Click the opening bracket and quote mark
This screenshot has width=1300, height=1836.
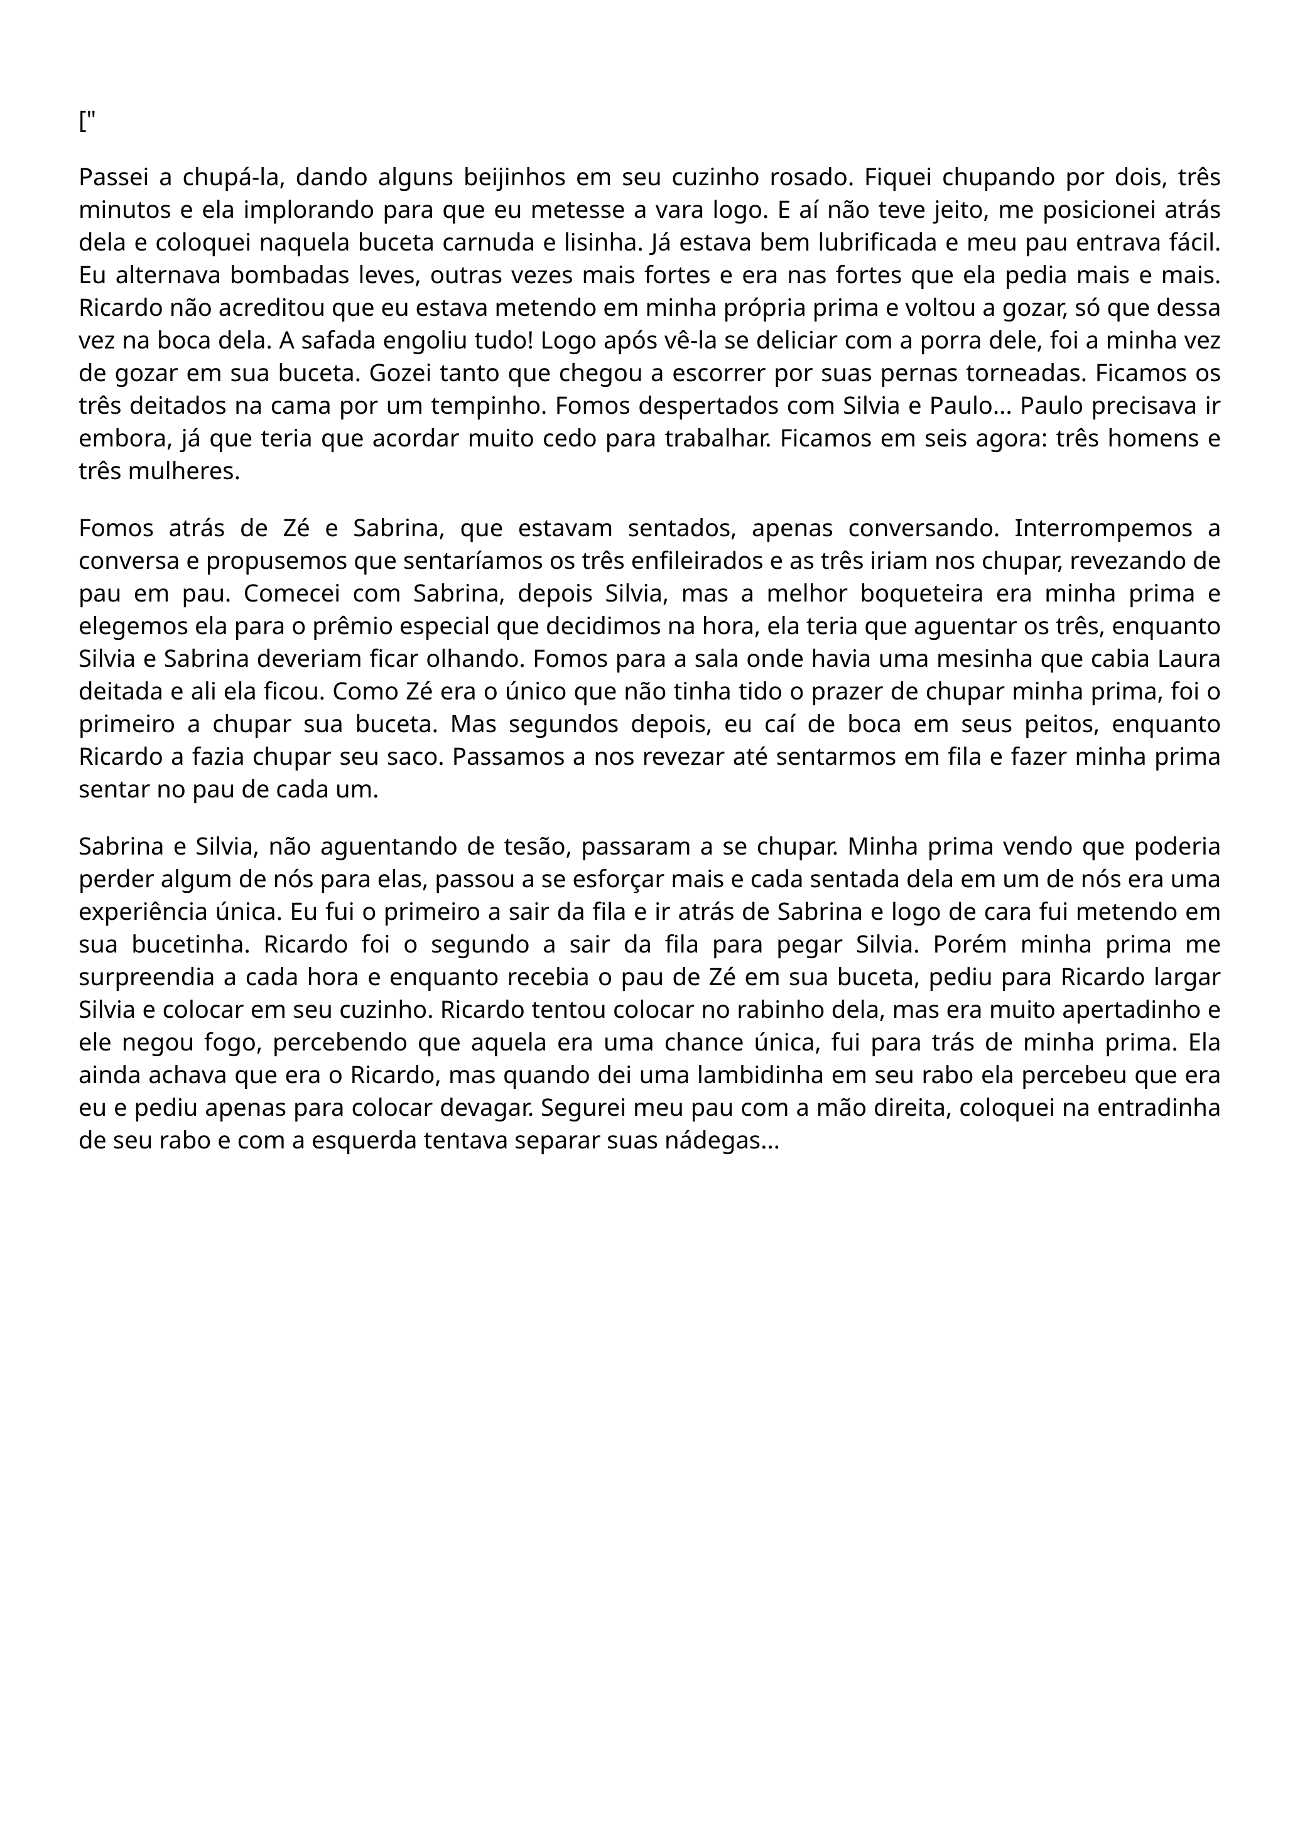(87, 123)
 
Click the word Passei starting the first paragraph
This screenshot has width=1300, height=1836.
(119, 177)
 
